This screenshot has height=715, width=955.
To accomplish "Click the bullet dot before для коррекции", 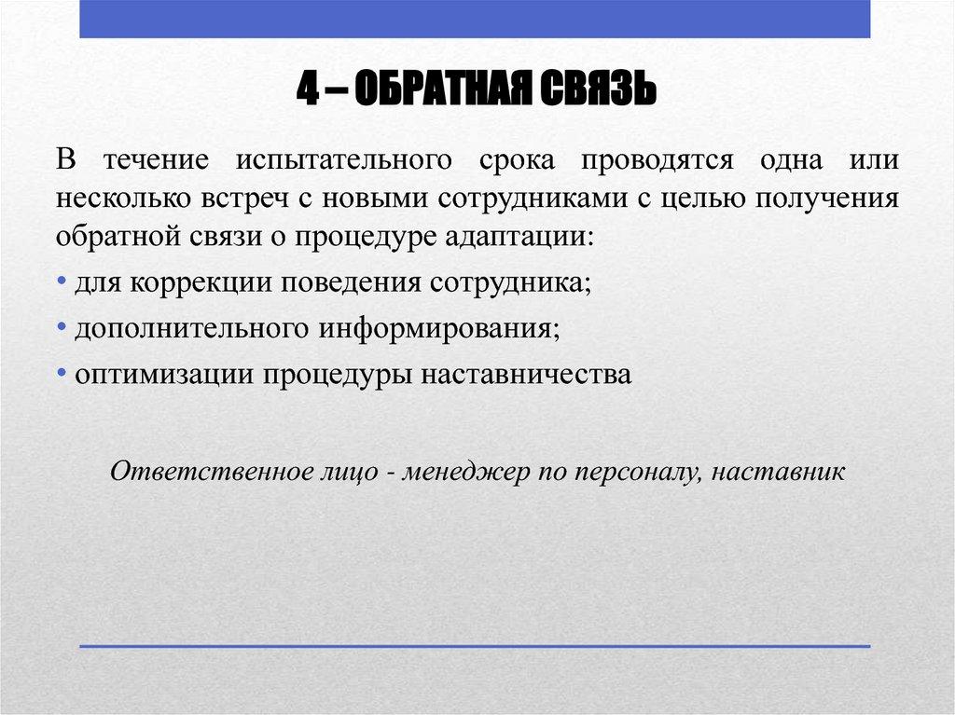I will click(x=61, y=282).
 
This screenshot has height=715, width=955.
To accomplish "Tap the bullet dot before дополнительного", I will click(x=61, y=328).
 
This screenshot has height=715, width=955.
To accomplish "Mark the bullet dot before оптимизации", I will click(x=61, y=374).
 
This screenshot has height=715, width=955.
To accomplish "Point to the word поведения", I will click(x=354, y=282).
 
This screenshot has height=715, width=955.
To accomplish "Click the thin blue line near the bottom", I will click(x=476, y=645).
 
